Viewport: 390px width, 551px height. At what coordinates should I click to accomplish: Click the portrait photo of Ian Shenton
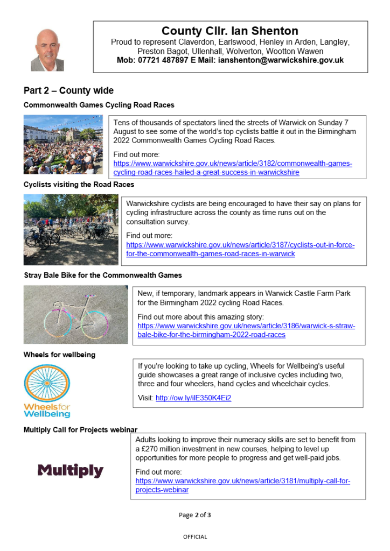click(x=47, y=50)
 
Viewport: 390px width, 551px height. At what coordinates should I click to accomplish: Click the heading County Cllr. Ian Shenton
click(x=230, y=31)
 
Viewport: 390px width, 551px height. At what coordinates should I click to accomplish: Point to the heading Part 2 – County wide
click(x=68, y=90)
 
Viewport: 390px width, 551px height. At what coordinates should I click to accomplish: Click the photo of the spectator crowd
click(x=63, y=144)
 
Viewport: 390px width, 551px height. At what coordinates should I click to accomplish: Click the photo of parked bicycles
click(x=71, y=230)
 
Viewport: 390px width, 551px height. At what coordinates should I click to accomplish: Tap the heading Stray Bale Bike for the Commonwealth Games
click(x=103, y=275)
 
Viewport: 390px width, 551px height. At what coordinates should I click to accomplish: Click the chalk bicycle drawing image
click(x=75, y=315)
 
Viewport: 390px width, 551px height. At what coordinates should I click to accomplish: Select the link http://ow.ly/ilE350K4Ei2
click(x=193, y=398)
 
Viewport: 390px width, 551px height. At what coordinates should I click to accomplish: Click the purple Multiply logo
click(x=70, y=471)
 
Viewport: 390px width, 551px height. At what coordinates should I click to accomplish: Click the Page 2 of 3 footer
click(x=194, y=515)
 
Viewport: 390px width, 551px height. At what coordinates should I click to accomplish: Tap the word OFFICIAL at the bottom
click(x=194, y=536)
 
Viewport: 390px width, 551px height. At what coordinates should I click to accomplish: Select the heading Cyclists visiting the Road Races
click(x=79, y=185)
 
